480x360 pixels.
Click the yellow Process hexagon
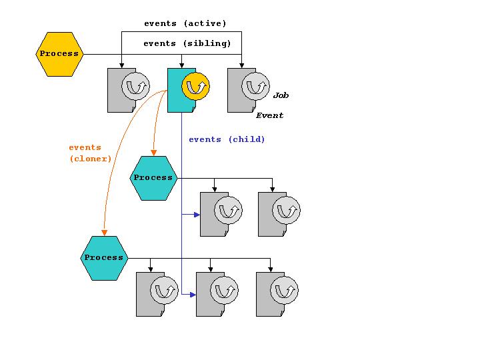coord(59,53)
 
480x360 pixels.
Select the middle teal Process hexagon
coord(153,177)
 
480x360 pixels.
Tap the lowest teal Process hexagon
coord(104,257)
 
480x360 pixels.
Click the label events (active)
coord(185,23)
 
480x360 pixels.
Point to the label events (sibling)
coord(187,43)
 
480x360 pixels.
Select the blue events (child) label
coord(227,139)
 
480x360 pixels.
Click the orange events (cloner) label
coord(90,153)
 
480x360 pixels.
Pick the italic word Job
coord(281,95)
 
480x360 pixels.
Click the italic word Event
coord(269,115)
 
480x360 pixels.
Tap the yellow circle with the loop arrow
coord(195,87)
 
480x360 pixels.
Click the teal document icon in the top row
coord(177,90)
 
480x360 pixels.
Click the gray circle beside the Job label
coord(255,87)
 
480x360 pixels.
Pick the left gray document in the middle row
coord(210,214)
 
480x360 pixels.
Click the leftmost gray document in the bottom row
coord(146,294)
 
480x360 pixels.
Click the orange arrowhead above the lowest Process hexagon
coord(104,233)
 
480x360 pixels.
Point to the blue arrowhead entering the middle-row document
coord(197,214)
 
